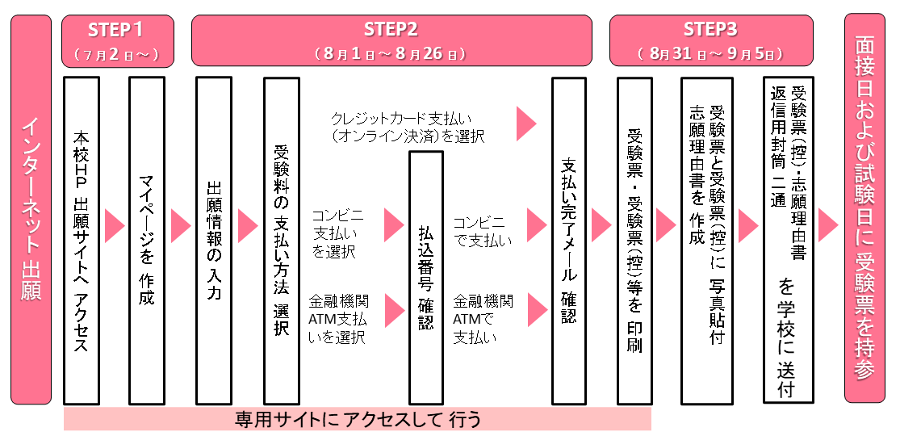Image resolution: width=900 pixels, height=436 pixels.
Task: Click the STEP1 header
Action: coord(117,40)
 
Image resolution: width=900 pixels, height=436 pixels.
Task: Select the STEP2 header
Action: coord(391,40)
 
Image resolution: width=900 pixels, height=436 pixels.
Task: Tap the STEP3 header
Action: coord(710,40)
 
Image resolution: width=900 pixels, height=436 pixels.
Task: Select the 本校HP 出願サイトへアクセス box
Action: coord(82,240)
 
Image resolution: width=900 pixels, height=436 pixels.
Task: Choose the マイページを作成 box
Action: coord(147,240)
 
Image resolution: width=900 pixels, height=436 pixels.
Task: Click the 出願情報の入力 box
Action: coord(214,240)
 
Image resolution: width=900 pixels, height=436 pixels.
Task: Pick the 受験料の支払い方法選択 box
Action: coord(281,240)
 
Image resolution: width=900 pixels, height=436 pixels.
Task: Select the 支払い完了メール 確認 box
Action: coord(568,240)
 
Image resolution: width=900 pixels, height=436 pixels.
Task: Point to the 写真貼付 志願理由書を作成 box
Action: coord(707,240)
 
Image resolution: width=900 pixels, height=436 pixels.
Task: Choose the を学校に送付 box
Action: coord(789,240)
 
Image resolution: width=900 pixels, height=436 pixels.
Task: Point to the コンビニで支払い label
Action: coord(483,230)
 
